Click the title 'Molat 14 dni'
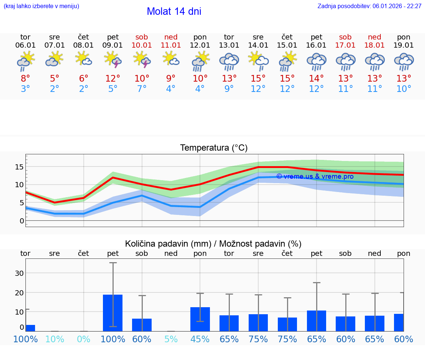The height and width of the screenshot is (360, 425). click(174, 11)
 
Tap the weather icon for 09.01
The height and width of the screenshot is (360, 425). click(113, 60)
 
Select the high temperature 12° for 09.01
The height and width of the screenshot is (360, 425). click(113, 79)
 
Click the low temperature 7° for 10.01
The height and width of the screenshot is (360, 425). click(142, 89)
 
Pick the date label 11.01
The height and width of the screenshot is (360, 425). click(171, 45)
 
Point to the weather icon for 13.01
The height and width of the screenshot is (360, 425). click(229, 61)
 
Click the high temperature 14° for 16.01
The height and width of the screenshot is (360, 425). click(317, 79)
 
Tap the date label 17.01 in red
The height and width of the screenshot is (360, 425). click(345, 45)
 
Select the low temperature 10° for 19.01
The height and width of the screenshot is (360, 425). click(404, 89)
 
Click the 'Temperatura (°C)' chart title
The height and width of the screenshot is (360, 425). click(214, 148)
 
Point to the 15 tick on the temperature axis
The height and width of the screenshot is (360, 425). click(19, 167)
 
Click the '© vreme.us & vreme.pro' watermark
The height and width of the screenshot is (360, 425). click(315, 176)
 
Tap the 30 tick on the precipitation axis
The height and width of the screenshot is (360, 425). click(19, 273)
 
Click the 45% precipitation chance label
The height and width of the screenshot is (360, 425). click(200, 339)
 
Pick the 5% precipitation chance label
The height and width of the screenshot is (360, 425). click(171, 339)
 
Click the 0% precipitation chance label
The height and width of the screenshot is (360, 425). click(84, 339)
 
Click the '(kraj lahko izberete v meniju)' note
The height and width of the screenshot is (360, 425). click(41, 6)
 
